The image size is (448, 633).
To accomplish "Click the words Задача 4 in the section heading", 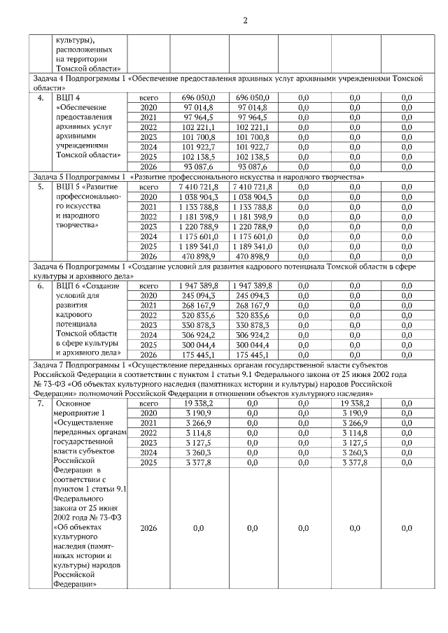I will pos(47,80).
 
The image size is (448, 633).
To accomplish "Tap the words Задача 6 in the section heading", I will pos(47,266).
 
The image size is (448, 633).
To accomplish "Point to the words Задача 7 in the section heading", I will pos(47,364).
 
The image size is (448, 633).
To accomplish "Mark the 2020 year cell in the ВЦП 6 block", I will pos(148,296).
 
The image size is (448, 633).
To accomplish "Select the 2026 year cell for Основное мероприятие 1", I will pos(148,529).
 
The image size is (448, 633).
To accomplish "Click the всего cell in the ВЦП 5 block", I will pos(148,187).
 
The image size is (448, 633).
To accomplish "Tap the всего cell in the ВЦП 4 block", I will pos(148,97).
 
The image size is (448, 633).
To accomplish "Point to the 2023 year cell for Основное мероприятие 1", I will pos(148,443).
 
